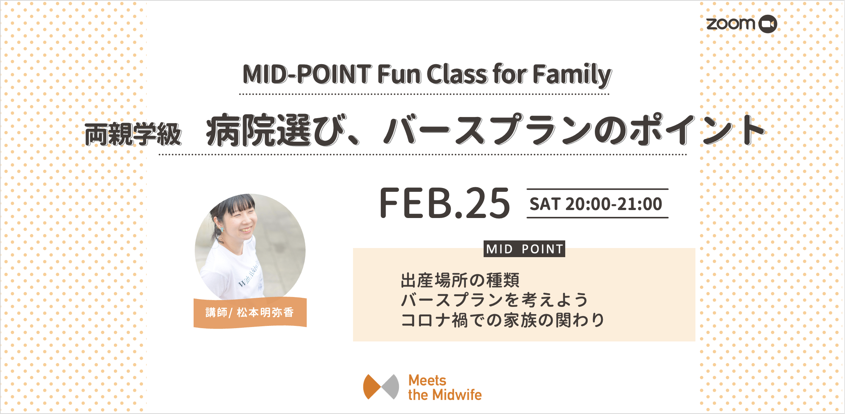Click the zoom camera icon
(x=768, y=24)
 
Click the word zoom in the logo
(x=731, y=24)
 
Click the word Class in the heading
(x=458, y=74)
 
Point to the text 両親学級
(x=133, y=134)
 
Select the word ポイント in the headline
(x=698, y=130)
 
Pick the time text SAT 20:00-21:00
(x=596, y=204)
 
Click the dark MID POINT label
(x=524, y=249)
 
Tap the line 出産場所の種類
(x=460, y=280)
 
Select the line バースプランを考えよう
(x=494, y=300)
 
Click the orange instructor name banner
(x=250, y=313)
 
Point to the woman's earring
(x=222, y=230)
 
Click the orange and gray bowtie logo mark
(x=381, y=387)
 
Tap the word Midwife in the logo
(x=457, y=395)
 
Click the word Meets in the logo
(x=427, y=380)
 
